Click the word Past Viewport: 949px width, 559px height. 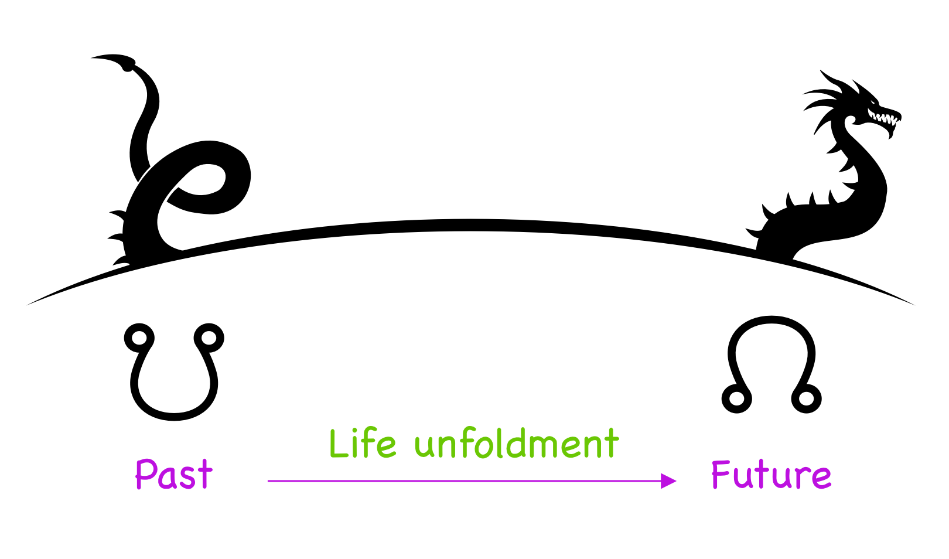[x=173, y=474]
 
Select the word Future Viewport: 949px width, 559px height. [x=770, y=475]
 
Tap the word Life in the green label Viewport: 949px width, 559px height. [x=363, y=444]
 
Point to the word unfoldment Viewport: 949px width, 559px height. [x=516, y=444]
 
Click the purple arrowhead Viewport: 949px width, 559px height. [x=668, y=481]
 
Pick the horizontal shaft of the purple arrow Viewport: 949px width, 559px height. [x=463, y=481]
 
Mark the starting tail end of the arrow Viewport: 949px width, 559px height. [x=269, y=481]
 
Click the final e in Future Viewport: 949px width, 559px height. [x=821, y=478]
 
